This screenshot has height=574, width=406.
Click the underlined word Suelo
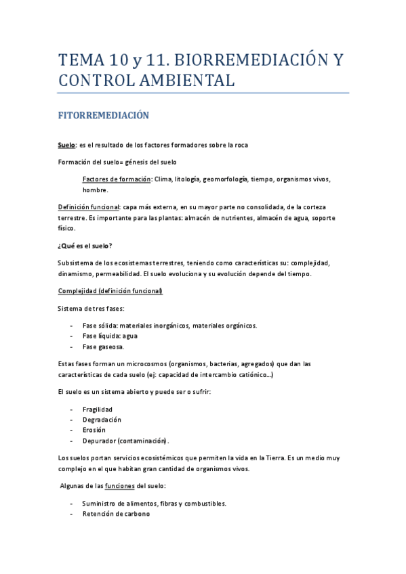66,145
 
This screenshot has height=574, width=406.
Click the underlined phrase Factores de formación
116,179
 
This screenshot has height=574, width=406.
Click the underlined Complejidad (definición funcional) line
110,291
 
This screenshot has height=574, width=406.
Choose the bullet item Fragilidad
98,410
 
